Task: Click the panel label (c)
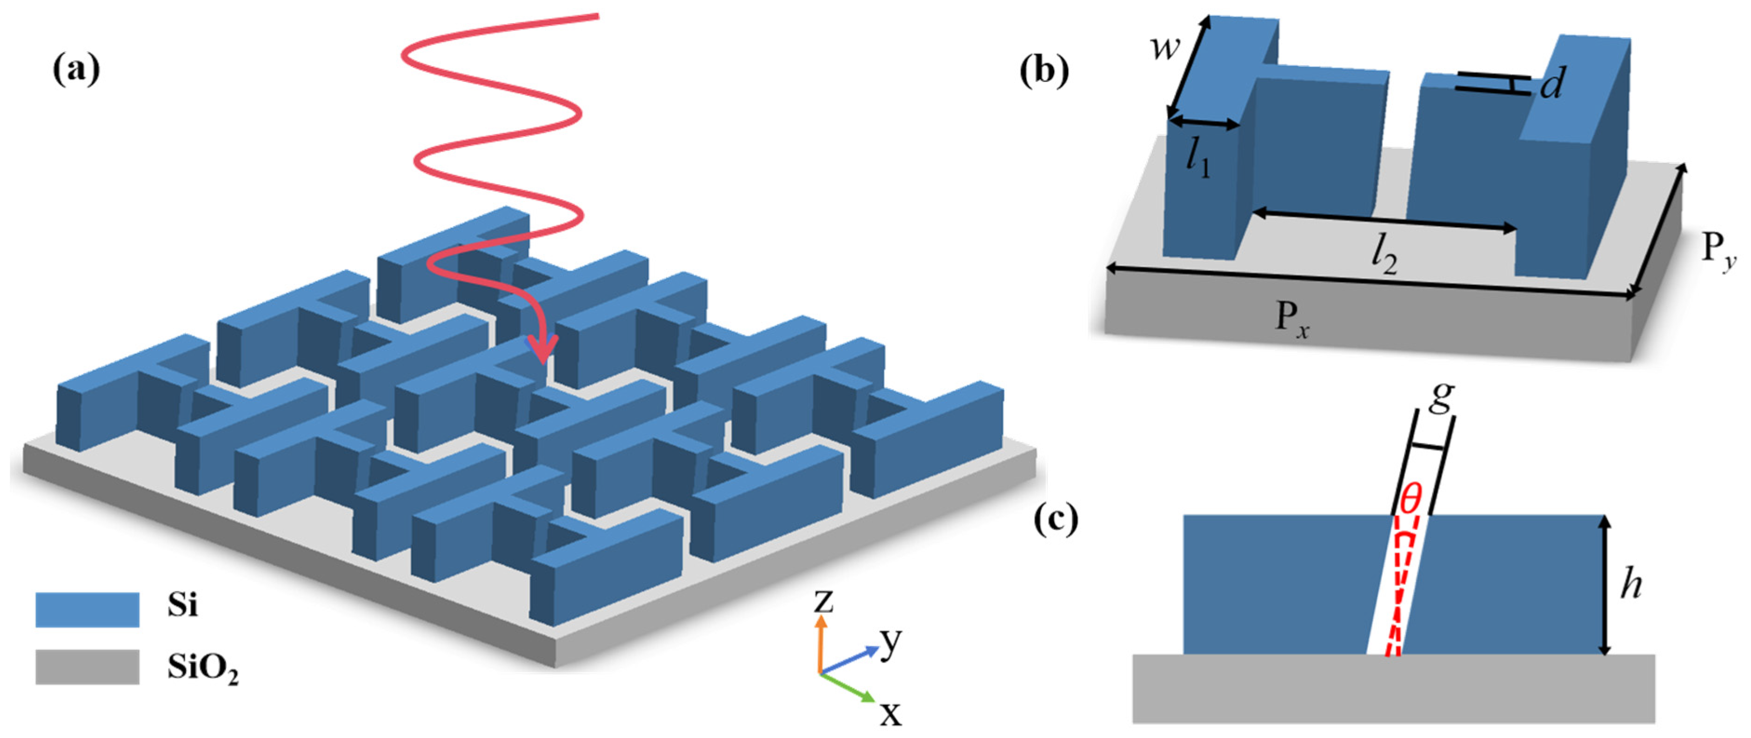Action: pyautogui.click(x=1056, y=520)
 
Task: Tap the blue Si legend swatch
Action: pyautogui.click(x=87, y=609)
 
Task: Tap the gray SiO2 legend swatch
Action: pyautogui.click(x=87, y=667)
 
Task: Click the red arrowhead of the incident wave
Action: pyautogui.click(x=544, y=348)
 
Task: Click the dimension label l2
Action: pyautogui.click(x=1384, y=257)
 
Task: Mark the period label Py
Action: pyautogui.click(x=1718, y=252)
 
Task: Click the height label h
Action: pyautogui.click(x=1630, y=584)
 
